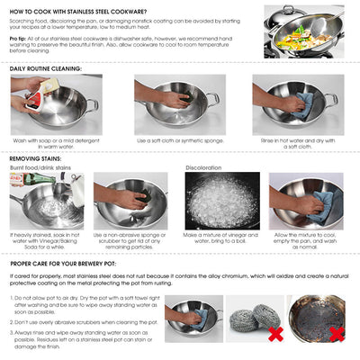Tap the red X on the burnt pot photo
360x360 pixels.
point(336,334)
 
